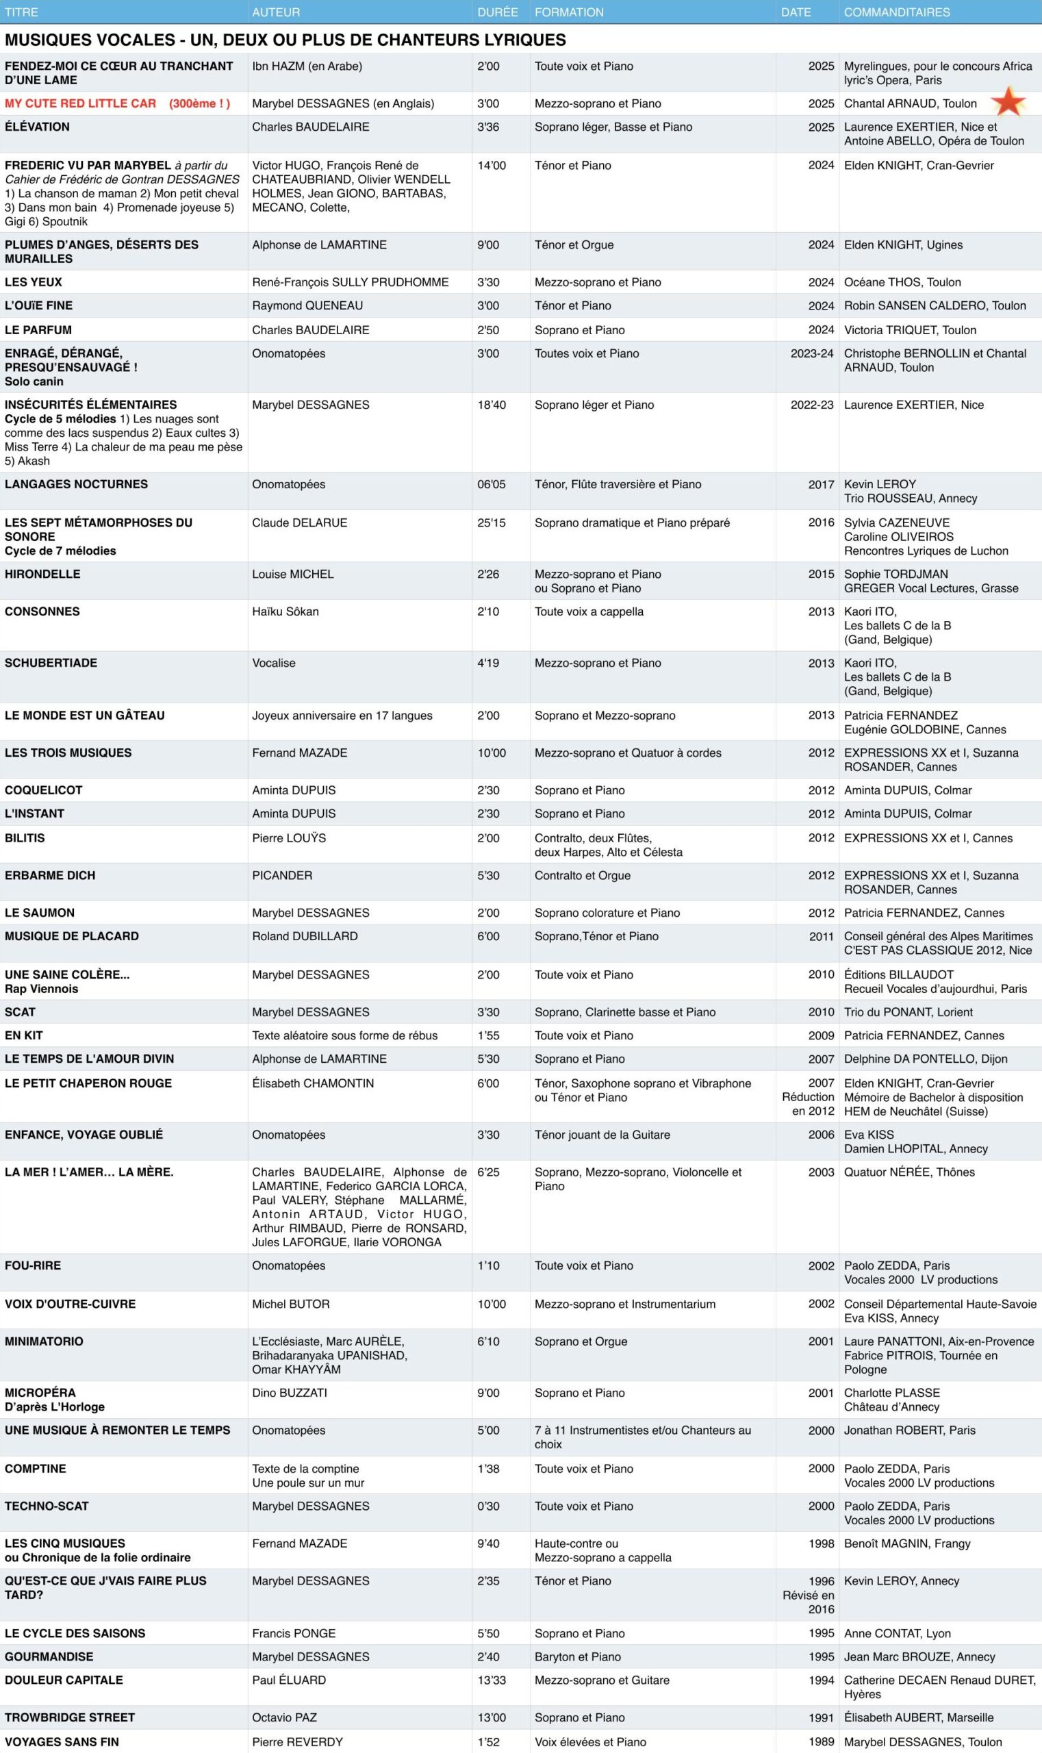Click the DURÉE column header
[497, 12]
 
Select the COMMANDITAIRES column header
[896, 12]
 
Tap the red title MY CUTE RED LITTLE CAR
[80, 103]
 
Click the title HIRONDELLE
[42, 574]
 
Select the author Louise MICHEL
[293, 574]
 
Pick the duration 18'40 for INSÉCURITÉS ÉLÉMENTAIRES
[492, 405]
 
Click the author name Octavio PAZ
[284, 1717]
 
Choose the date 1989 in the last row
[821, 1742]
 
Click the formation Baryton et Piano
[577, 1656]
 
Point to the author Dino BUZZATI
[290, 1393]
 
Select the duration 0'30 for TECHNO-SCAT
[488, 1506]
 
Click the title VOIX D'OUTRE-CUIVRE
[71, 1304]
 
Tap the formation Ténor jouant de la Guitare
[602, 1134]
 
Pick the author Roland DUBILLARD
[305, 936]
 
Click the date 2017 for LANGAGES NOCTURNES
[821, 485]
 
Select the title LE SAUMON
[39, 913]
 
